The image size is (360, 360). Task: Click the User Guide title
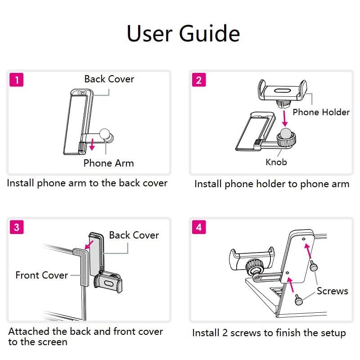(x=183, y=34)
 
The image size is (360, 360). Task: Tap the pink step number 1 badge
(x=17, y=80)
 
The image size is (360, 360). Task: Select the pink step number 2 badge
(x=199, y=80)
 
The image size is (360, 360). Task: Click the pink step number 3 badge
(x=17, y=227)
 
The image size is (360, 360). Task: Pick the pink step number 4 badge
(x=199, y=227)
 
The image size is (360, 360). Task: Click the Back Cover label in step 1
(x=109, y=79)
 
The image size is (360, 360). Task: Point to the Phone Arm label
(x=108, y=163)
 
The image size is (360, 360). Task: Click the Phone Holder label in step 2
(x=321, y=112)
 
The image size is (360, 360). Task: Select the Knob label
(x=276, y=162)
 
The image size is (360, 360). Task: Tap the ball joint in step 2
(x=285, y=133)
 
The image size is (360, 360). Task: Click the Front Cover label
(x=41, y=275)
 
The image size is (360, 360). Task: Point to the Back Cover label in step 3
(x=134, y=235)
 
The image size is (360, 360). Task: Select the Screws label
(x=332, y=291)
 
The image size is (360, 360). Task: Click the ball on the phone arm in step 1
(x=105, y=133)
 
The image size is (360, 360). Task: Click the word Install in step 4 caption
(x=206, y=333)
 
